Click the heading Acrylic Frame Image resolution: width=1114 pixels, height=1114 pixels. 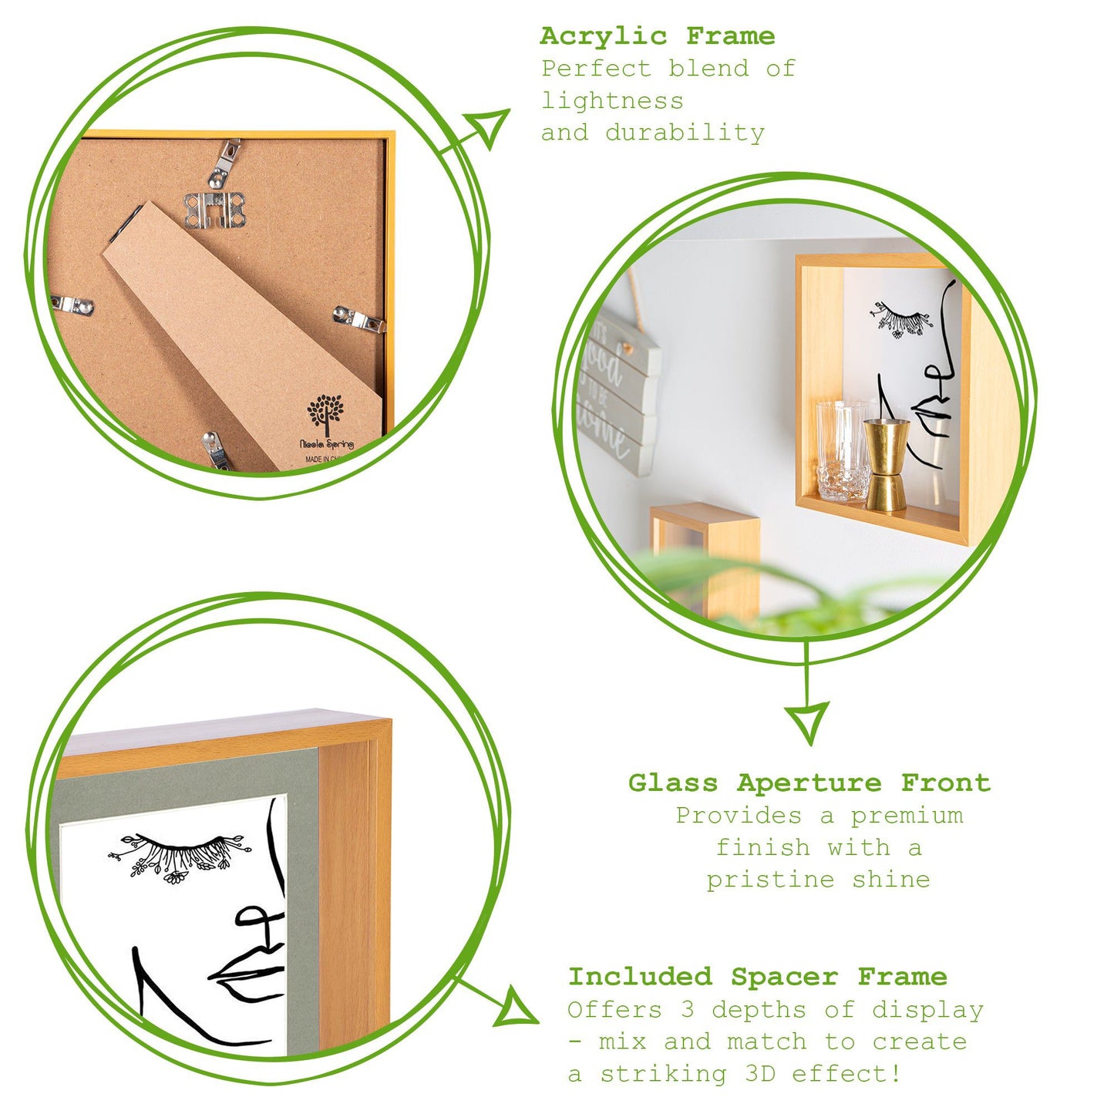(657, 36)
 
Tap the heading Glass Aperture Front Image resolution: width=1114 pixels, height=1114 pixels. (809, 783)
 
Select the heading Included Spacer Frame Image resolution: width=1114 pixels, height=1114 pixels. (757, 977)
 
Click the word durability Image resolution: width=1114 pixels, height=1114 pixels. (685, 133)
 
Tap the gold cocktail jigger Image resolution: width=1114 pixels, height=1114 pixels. (886, 463)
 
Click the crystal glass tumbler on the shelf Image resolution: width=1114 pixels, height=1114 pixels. (843, 451)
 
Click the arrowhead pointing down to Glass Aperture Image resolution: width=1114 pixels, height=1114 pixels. (807, 721)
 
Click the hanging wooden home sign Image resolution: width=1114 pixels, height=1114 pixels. (619, 393)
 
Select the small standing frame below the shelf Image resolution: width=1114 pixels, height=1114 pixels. (705, 559)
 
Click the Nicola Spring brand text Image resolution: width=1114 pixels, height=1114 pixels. (327, 444)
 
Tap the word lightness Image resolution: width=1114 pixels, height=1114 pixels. (612, 101)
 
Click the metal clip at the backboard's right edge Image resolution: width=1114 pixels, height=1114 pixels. (358, 318)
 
